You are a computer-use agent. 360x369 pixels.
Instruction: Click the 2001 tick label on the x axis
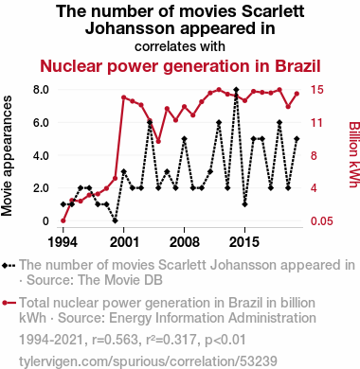(124, 242)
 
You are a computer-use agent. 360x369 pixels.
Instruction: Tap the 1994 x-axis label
(63, 242)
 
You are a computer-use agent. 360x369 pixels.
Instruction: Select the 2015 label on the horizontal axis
(244, 242)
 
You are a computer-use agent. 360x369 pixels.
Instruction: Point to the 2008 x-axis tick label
(184, 242)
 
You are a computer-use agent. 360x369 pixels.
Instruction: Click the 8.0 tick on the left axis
(41, 90)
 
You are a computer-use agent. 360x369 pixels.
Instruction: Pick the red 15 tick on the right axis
(316, 90)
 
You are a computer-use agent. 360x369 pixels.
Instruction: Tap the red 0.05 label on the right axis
(322, 221)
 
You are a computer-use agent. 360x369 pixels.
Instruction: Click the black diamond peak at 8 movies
(236, 90)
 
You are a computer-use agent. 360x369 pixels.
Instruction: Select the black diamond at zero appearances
(116, 220)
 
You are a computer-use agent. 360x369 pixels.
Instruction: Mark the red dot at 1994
(63, 220)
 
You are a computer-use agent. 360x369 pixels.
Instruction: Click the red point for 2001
(124, 97)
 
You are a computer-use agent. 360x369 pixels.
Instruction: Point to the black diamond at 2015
(244, 204)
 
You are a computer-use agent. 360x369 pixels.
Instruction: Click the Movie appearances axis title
(7, 156)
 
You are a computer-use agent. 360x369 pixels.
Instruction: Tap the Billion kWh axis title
(354, 154)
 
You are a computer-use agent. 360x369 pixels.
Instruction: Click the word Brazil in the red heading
(297, 66)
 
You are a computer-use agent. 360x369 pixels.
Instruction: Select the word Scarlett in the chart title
(273, 11)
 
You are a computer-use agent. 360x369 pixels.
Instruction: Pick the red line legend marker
(9, 304)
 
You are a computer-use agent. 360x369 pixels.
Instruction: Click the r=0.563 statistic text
(115, 340)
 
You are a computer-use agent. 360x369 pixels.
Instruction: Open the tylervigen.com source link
(148, 361)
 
